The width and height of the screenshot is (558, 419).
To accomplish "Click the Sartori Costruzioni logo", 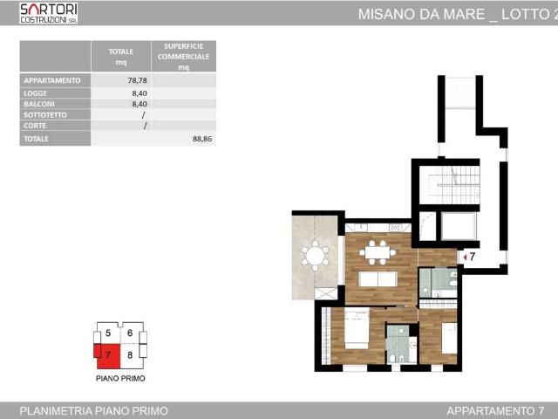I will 48,12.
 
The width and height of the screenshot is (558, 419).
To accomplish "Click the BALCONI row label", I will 40,103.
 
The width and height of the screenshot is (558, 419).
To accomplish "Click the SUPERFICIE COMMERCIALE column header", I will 183,56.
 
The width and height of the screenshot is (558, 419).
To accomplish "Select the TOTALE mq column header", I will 120,56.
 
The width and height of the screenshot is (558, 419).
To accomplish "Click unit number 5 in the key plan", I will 108,333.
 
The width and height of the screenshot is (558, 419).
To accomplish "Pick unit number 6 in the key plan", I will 130,333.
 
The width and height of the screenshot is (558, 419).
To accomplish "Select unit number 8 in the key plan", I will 130,355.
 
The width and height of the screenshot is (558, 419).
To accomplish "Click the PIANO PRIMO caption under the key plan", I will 120,379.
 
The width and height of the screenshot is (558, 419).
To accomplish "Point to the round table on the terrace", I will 315,256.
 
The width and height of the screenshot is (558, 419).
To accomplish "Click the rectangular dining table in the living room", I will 378,253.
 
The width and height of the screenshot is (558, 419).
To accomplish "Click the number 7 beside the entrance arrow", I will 472,257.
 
